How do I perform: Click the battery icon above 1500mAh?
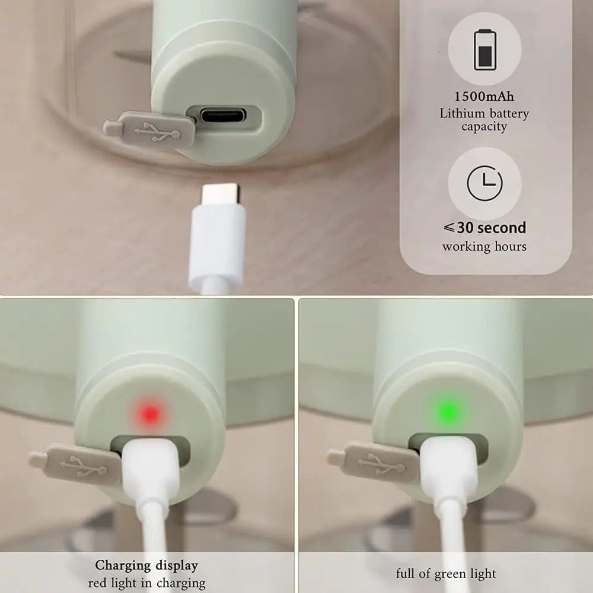(485, 50)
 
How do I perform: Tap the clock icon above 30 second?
(485, 183)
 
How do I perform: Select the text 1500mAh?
(484, 97)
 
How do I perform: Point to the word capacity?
(484, 127)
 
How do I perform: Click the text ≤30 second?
(484, 228)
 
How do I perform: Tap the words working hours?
(484, 247)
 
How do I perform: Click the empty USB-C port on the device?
(223, 115)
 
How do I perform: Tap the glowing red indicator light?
(151, 414)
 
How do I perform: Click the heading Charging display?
(146, 565)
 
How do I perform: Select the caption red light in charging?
(146, 583)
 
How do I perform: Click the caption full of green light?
(446, 573)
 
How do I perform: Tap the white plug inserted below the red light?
(151, 468)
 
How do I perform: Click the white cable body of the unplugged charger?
(216, 246)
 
